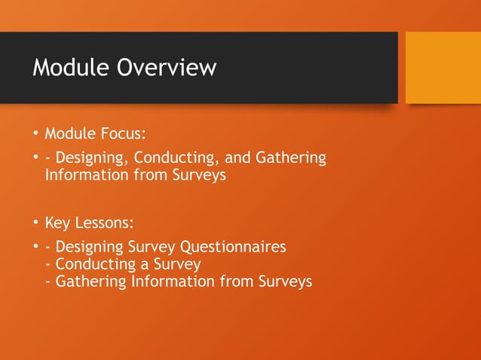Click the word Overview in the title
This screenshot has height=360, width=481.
(x=167, y=68)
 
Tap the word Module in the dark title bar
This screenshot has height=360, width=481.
(x=72, y=68)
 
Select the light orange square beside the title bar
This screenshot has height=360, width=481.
(x=443, y=68)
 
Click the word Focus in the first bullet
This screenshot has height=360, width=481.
(x=122, y=134)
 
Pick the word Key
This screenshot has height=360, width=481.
(x=58, y=224)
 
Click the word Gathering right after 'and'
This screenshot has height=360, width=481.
(x=291, y=158)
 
